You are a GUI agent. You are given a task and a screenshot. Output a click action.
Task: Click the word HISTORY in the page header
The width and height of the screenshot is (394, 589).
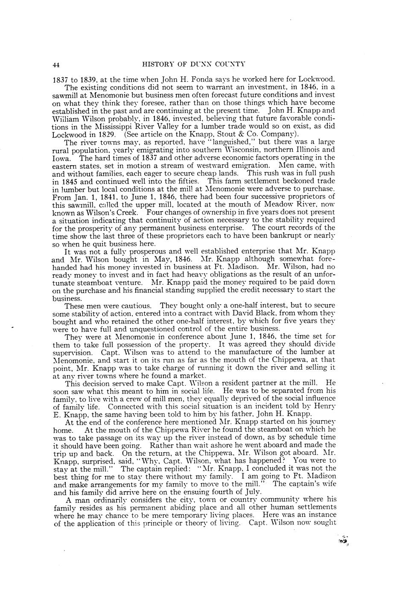(x=156, y=64)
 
